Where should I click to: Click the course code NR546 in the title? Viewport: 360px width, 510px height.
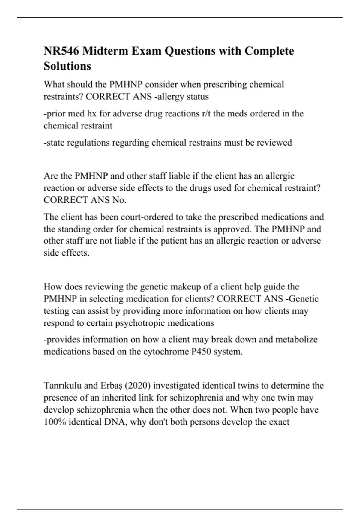[61, 51]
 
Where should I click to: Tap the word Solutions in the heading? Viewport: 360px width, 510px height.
[67, 66]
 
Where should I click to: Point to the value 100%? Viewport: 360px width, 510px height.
[55, 422]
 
